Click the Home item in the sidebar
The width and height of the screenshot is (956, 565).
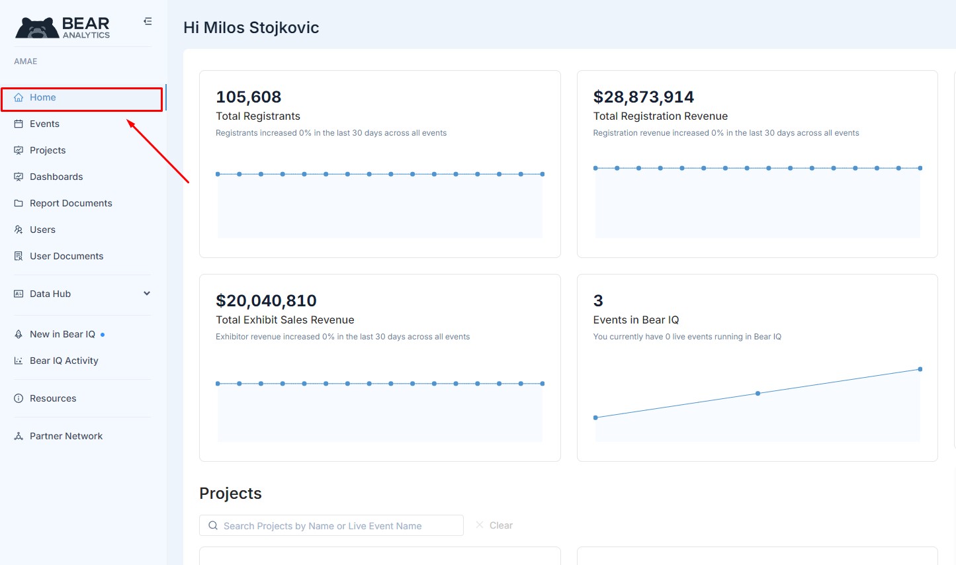click(x=43, y=98)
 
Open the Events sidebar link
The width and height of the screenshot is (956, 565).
click(x=44, y=124)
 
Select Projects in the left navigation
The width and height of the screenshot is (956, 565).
click(x=48, y=151)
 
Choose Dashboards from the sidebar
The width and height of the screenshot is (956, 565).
click(x=56, y=177)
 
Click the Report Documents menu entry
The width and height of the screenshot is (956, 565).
click(x=71, y=204)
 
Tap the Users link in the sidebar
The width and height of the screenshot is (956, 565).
click(x=42, y=230)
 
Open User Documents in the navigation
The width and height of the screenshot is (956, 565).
click(x=66, y=257)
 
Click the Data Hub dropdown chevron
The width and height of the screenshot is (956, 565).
click(x=147, y=294)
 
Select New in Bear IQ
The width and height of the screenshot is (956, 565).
click(x=62, y=335)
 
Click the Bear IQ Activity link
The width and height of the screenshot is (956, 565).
click(x=64, y=361)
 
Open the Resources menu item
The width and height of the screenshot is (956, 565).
click(x=53, y=399)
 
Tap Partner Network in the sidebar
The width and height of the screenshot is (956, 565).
click(x=66, y=437)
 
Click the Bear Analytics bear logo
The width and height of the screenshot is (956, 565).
click(x=38, y=28)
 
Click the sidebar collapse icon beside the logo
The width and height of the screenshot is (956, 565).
click(x=148, y=21)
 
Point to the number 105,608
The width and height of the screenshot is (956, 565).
click(x=249, y=97)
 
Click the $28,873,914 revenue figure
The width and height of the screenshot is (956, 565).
click(x=644, y=97)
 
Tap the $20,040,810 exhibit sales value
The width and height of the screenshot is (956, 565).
click(x=266, y=301)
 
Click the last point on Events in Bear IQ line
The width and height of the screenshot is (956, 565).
click(x=920, y=369)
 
